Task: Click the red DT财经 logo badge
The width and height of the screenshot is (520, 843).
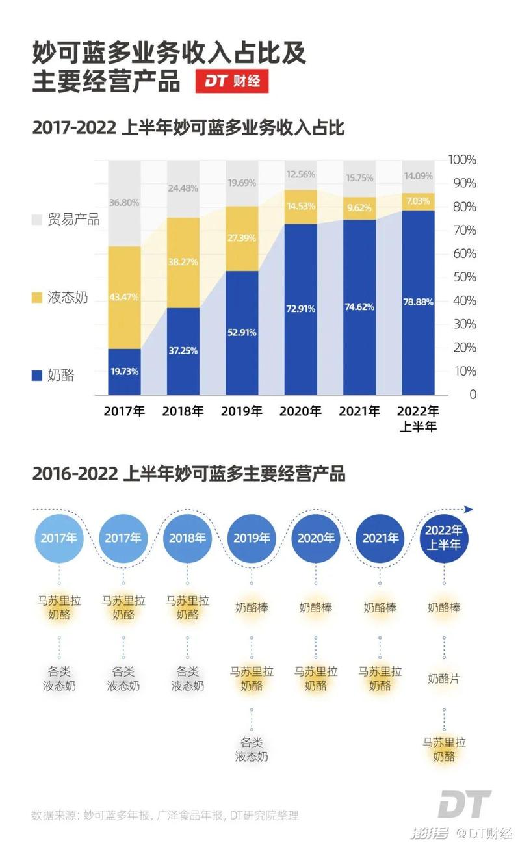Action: (x=231, y=82)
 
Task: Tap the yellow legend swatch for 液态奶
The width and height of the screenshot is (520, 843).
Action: (x=36, y=298)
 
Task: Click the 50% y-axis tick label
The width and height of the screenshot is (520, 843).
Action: (x=465, y=278)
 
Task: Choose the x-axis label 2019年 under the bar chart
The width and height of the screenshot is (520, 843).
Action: (x=242, y=411)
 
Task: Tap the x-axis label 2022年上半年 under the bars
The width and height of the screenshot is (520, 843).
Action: (x=418, y=419)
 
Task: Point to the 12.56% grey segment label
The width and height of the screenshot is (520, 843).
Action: (x=300, y=174)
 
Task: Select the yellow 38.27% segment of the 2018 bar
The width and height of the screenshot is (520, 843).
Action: (x=183, y=263)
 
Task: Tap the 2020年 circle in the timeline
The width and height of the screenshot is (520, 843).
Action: (x=316, y=538)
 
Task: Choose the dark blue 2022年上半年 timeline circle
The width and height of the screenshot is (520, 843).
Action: (x=444, y=538)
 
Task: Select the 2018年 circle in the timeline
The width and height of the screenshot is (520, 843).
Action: (x=187, y=538)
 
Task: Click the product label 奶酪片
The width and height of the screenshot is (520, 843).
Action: (x=444, y=679)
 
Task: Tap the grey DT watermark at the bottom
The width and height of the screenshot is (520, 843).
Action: (x=463, y=806)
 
